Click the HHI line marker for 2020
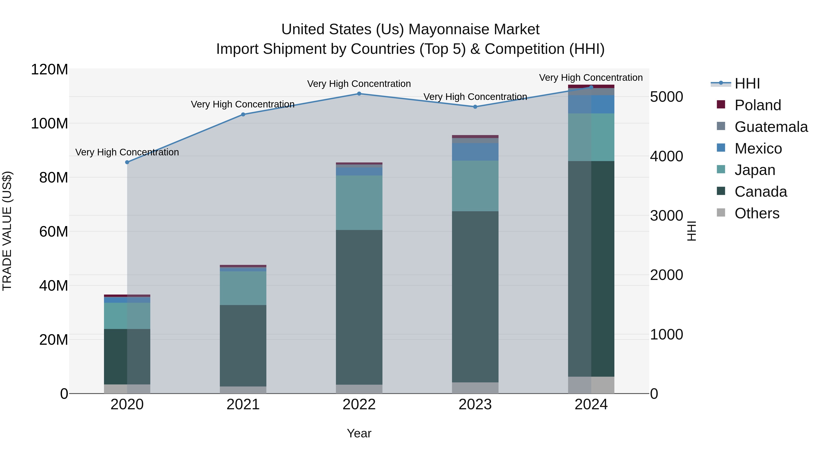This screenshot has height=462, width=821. click(x=127, y=162)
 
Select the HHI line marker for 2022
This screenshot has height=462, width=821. click(x=359, y=94)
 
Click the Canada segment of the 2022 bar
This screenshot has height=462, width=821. click(x=359, y=307)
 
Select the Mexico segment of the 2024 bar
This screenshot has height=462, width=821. click(x=591, y=104)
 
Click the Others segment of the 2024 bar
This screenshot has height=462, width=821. click(x=591, y=385)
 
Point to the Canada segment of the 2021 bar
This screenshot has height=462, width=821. click(x=243, y=346)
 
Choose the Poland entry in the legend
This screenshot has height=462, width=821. click(x=758, y=105)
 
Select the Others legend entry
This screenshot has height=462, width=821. click(x=757, y=213)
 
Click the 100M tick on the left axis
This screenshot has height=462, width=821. click(x=49, y=124)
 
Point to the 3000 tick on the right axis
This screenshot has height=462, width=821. click(x=666, y=216)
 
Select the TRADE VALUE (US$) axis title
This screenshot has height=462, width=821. click(x=7, y=231)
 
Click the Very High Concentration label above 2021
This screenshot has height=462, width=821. click(x=243, y=104)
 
